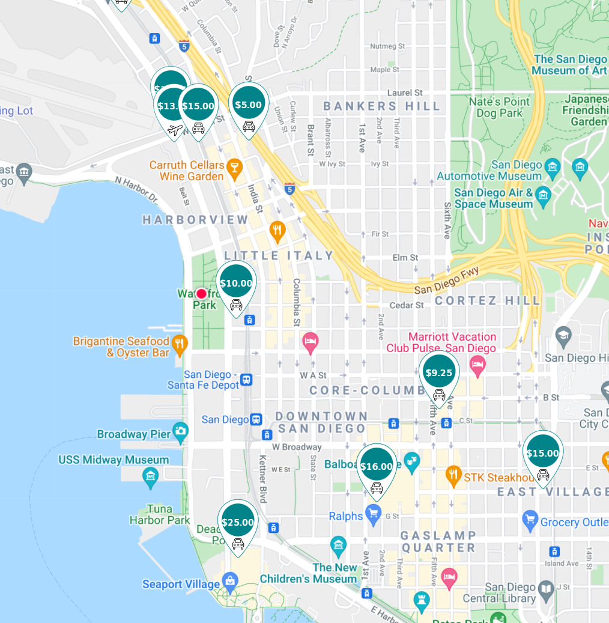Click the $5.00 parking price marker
[249, 105]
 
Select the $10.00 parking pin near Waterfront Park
[236, 284]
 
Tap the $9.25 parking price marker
[439, 373]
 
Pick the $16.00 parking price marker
[377, 467]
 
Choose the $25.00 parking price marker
[238, 523]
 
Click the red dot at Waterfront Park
[201, 293]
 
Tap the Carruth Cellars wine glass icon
[234, 170]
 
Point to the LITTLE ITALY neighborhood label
[279, 255]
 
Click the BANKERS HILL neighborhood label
[382, 106]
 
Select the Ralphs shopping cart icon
[374, 515]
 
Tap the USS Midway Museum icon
[150, 477]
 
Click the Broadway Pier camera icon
[180, 431]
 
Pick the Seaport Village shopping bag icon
[229, 581]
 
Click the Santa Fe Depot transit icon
[246, 380]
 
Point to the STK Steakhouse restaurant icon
[453, 476]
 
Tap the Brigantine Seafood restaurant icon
[179, 344]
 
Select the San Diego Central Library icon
[545, 589]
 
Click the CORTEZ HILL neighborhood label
[488, 300]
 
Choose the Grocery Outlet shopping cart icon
[530, 520]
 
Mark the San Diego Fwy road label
[446, 280]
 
